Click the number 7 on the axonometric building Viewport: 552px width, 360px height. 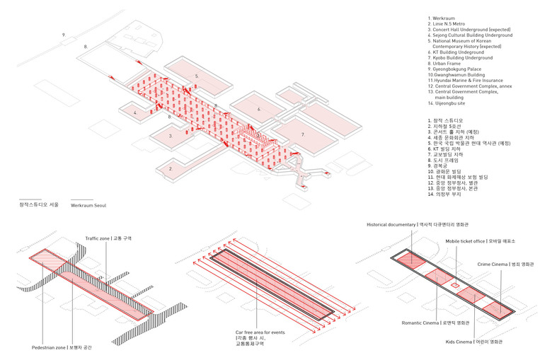(x=302, y=134)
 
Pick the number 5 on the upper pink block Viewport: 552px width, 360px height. (x=197, y=75)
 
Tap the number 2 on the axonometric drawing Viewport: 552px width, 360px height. (x=171, y=168)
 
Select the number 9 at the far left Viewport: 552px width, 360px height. (x=63, y=34)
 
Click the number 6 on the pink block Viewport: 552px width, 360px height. (x=259, y=109)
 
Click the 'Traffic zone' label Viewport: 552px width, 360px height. (x=102, y=238)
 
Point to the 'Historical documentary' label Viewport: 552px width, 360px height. (x=391, y=225)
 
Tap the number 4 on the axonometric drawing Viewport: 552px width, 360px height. (x=134, y=112)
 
